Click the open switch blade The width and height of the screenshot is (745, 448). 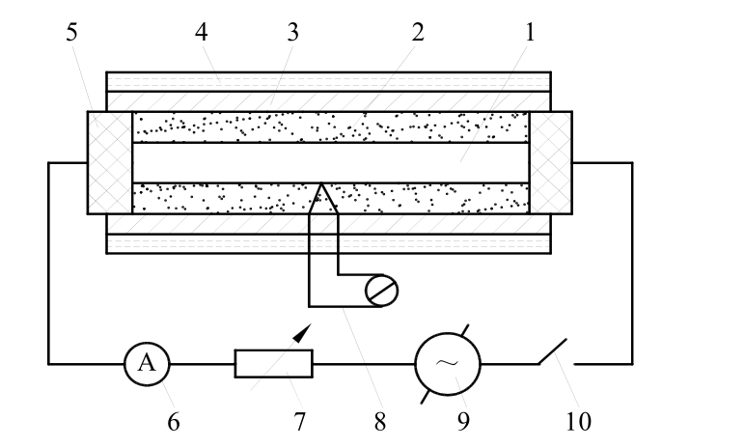tap(553, 351)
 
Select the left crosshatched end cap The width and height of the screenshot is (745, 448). tap(110, 162)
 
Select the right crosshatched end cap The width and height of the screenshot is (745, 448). tap(551, 162)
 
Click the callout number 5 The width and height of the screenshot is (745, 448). tap(71, 32)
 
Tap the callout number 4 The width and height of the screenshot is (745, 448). tap(202, 32)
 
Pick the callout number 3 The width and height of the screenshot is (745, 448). tap(293, 32)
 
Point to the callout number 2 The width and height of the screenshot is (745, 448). tap(418, 32)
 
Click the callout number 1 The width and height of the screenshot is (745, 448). tap(530, 32)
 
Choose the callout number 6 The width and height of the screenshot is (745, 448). tap(174, 421)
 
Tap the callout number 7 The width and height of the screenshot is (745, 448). tap(299, 421)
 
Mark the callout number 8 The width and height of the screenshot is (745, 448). tap(379, 421)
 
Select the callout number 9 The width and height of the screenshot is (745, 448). tap(463, 421)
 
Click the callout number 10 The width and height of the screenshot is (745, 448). tap(579, 421)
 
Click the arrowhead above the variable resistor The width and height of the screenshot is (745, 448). tap(302, 333)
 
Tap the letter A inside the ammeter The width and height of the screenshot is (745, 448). tap(147, 363)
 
